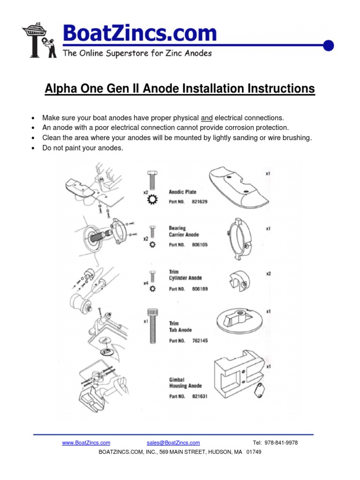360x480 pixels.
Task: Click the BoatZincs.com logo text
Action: coord(140,34)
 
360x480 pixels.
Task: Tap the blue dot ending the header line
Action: coord(329,45)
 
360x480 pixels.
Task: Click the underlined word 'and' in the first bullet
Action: coord(206,118)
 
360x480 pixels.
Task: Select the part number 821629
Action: coord(199,202)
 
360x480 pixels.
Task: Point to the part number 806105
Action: coord(199,245)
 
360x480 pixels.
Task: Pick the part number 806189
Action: coord(199,289)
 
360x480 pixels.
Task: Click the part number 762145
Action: coord(199,340)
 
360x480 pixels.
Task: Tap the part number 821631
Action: coord(199,396)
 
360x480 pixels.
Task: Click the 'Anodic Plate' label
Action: coord(182,192)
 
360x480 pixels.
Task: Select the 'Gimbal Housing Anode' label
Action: coord(185,382)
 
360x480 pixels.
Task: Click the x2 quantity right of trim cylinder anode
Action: coord(268,273)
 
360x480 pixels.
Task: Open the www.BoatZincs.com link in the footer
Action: coord(86,442)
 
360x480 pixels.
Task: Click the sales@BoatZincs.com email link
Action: coord(173,442)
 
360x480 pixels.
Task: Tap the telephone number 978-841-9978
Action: coord(282,442)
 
